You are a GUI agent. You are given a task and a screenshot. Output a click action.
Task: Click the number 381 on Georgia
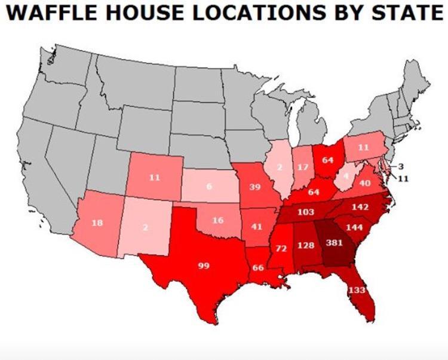pos(334,243)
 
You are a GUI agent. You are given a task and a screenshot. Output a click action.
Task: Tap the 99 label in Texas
pos(203,266)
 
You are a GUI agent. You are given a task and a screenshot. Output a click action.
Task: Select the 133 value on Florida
pos(357,290)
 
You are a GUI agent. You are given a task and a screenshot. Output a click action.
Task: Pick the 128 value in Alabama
pos(306,245)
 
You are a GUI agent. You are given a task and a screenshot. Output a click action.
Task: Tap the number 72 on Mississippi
pos(281,248)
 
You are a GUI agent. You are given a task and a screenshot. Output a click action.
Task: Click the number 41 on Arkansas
pos(257,227)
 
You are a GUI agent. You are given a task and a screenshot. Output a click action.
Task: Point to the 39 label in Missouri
pos(254,187)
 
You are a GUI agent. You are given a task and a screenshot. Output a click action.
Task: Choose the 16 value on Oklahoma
pos(218,220)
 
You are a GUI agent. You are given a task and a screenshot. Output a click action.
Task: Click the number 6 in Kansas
pos(209,187)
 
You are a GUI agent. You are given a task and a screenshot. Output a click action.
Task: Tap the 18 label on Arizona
pos(97,223)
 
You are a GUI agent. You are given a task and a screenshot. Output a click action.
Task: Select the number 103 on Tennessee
pos(305,212)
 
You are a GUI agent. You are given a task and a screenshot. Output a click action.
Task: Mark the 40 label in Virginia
pos(365,182)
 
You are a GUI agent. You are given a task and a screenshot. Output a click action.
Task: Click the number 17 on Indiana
pos(303,167)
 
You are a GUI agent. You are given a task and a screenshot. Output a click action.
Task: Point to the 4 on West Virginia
pos(346,178)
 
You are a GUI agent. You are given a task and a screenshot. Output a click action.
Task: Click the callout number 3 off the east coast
pos(401,166)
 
